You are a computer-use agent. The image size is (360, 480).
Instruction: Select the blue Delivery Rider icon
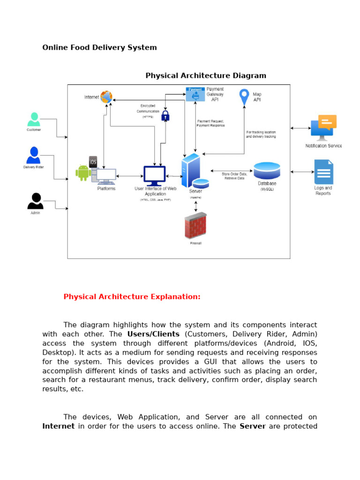coord(33,155)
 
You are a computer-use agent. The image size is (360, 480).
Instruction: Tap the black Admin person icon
coord(35,201)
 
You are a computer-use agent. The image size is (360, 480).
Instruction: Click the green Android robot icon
coord(83,172)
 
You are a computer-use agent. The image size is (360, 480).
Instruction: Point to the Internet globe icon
coord(106,97)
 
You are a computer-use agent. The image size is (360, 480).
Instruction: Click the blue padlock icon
coord(165,115)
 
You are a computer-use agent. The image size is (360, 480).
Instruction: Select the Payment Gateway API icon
coord(195,94)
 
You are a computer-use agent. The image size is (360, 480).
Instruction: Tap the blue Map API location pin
coord(244,97)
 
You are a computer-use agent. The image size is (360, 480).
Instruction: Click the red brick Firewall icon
coord(195,225)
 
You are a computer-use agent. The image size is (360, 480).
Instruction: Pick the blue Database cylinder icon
coord(267,170)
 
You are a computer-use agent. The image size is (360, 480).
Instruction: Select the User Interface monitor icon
coord(154,176)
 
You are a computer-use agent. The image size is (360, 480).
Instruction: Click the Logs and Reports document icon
coord(323,172)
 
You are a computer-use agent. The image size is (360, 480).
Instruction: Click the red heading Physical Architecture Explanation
coord(132,297)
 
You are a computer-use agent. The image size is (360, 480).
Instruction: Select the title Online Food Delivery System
coord(99,47)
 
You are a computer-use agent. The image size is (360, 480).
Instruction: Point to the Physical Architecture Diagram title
coord(206,75)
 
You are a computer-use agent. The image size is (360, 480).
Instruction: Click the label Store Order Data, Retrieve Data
coord(234,176)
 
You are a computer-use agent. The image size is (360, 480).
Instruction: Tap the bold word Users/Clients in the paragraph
coord(153,334)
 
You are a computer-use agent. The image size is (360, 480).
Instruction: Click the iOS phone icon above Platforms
coord(93,162)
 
